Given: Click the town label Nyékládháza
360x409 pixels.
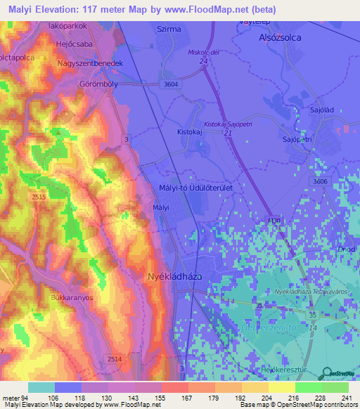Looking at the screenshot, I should [174, 276].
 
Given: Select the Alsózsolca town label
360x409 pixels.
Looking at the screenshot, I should [281, 38].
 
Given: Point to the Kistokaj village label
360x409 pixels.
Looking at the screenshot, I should [190, 131].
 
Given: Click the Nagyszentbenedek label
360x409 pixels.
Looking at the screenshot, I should [90, 63].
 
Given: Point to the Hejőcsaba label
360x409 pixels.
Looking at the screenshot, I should [74, 44].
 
